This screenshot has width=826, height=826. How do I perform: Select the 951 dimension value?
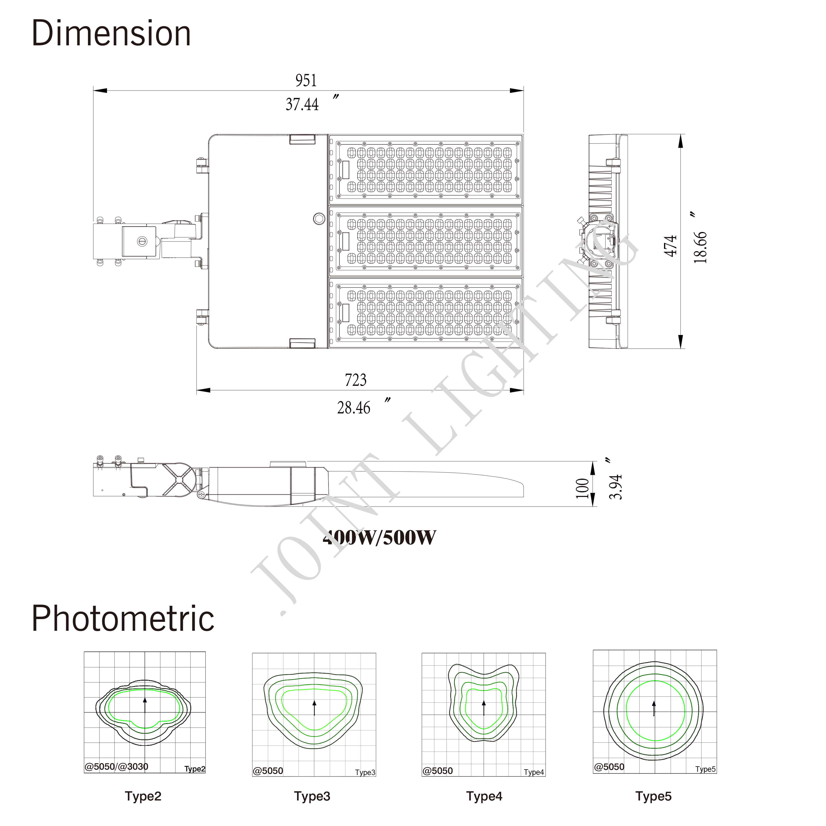pyautogui.click(x=306, y=80)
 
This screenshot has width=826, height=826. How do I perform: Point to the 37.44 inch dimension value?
pyautogui.click(x=302, y=104)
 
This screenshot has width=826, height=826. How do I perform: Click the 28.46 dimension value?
pyautogui.click(x=354, y=408)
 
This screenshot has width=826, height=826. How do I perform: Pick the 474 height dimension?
pyautogui.click(x=670, y=246)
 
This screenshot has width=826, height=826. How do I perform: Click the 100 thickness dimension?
pyautogui.click(x=582, y=488)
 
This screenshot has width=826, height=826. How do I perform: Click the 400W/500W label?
pyautogui.click(x=380, y=537)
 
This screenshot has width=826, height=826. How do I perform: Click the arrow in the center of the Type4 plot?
pyautogui.click(x=484, y=708)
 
